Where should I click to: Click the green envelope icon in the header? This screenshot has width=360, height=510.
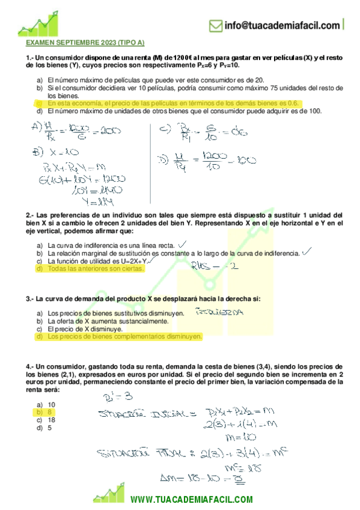(x=215, y=25)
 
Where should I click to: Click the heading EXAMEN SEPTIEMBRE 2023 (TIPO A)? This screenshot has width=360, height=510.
(x=85, y=43)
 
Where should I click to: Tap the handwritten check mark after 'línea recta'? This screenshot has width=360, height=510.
(x=182, y=244)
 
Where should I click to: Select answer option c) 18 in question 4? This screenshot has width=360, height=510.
(x=46, y=420)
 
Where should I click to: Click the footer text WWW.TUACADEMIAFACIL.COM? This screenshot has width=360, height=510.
(x=191, y=500)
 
